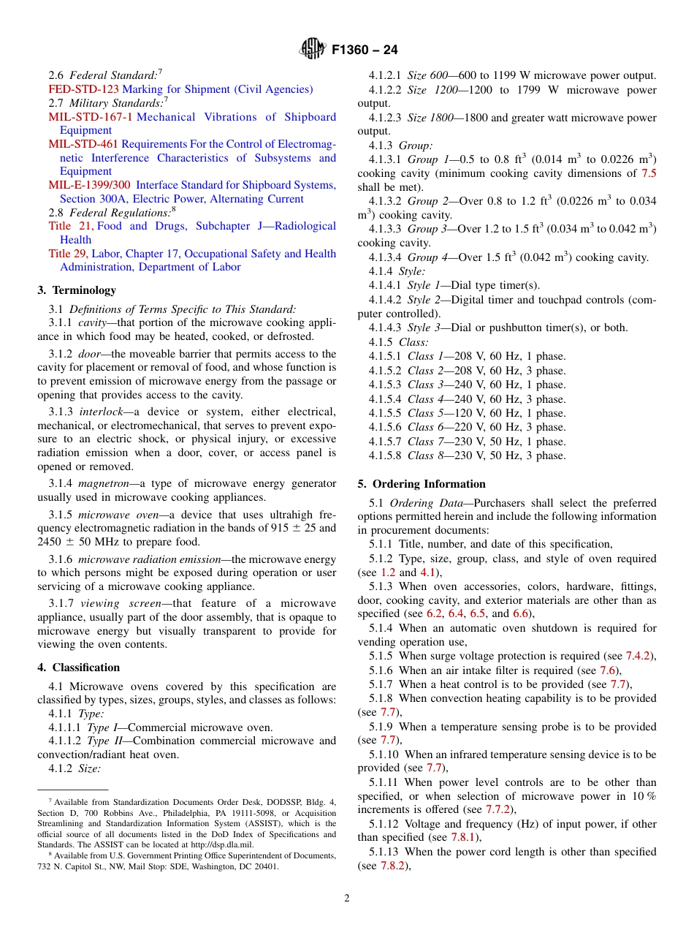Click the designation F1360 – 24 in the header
coord(365,50)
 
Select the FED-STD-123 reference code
coord(83,89)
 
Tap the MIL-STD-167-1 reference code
coord(91,117)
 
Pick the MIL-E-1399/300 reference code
coord(90,185)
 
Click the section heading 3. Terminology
coord(77,290)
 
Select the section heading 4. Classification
coord(78,668)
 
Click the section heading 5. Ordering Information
coord(421,484)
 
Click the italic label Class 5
coord(425,413)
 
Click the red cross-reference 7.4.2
coord(640,657)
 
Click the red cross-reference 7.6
coord(609,670)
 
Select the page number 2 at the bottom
coord(347,899)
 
